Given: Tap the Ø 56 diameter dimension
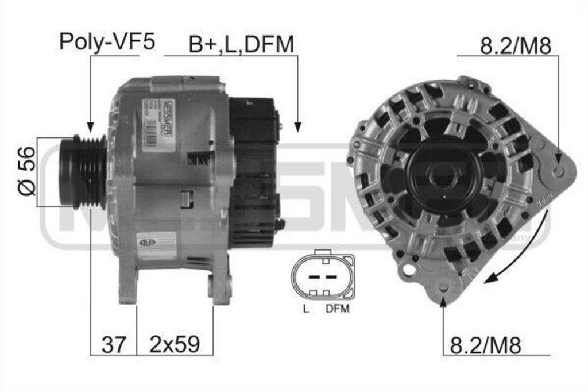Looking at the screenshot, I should pyautogui.click(x=26, y=171).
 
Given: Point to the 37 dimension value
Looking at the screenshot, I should pyautogui.click(x=113, y=344).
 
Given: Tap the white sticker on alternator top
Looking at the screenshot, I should pyautogui.click(x=151, y=122).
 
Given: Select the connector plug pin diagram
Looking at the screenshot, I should pyautogui.click(x=323, y=275).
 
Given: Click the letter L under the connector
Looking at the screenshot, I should pyautogui.click(x=306, y=309).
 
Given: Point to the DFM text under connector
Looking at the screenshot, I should pyautogui.click(x=337, y=309).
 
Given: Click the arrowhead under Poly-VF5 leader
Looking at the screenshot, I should pyautogui.click(x=90, y=128).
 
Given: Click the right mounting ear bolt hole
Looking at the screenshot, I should pyautogui.click(x=558, y=171).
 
